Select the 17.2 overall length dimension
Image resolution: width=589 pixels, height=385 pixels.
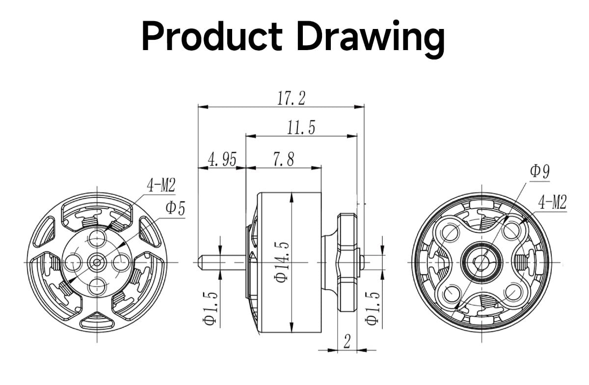[291, 98]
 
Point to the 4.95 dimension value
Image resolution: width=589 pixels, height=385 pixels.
[222, 160]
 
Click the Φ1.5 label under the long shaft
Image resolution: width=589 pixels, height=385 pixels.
[210, 307]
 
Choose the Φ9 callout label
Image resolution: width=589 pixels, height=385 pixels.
[539, 172]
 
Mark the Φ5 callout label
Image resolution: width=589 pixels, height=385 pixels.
[175, 208]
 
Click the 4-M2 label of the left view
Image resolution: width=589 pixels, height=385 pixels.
[161, 185]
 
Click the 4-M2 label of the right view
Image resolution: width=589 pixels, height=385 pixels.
[552, 202]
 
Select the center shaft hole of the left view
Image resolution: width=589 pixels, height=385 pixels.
[97, 262]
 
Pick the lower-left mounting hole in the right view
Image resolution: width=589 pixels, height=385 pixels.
[451, 295]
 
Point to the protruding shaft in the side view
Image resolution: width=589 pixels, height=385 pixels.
[221, 262]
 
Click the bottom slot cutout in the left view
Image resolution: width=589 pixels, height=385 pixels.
[97, 322]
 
